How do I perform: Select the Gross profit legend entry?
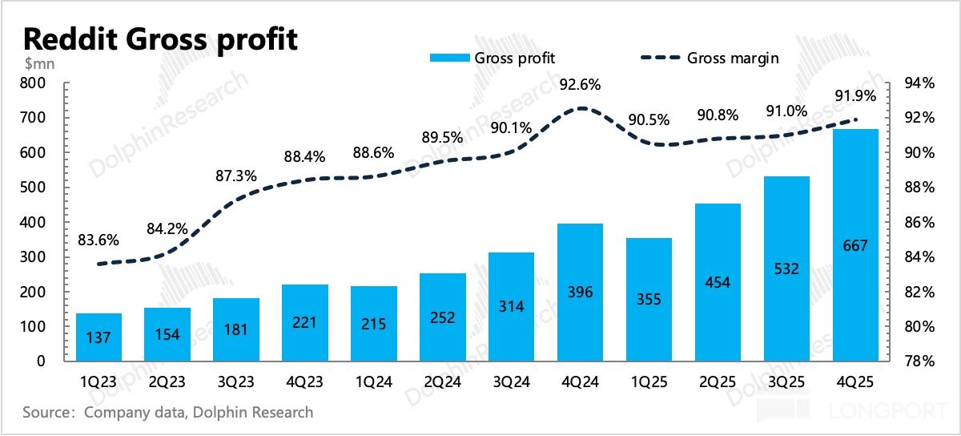pos(492,58)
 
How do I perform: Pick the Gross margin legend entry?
pos(709,58)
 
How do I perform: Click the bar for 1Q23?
pos(98,337)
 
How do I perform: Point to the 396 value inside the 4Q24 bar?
pos(580,293)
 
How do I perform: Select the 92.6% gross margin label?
pos(580,84)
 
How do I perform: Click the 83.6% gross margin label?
pos(98,239)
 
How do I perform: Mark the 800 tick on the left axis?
pos(37,83)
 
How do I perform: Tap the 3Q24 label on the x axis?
pos(510,383)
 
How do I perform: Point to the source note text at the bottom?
pos(168,413)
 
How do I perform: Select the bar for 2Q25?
pos(718,282)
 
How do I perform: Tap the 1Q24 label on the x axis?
pos(373,383)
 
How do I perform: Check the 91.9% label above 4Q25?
pos(855,96)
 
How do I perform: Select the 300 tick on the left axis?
pos(37,257)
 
